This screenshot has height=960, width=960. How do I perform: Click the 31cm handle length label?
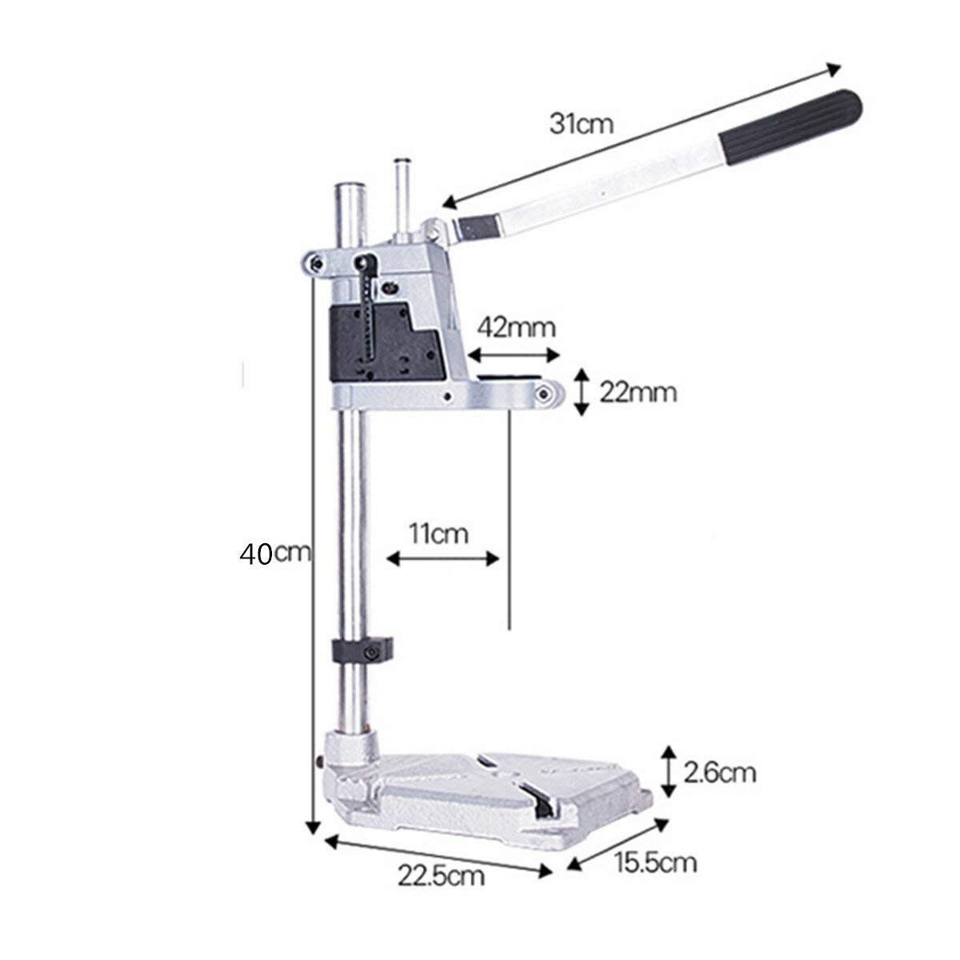581,124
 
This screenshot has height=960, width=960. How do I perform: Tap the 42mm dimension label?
516,327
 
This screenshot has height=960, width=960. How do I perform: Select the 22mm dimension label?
638,393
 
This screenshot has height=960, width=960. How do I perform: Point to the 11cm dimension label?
438,534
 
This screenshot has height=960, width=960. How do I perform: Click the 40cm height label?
275,554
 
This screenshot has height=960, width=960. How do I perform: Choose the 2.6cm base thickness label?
720,773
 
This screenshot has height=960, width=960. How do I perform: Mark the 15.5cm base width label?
656,862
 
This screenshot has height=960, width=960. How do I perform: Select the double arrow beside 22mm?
583,392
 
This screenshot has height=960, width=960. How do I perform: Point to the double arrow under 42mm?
512,354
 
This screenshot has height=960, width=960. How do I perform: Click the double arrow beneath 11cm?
443,559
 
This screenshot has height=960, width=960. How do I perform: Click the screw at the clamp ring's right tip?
547,393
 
